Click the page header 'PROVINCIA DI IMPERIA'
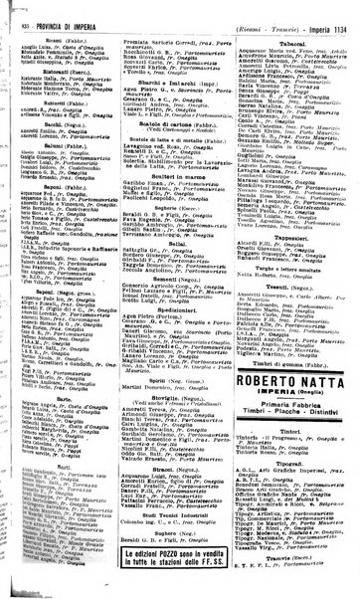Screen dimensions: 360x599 (64, 9)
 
